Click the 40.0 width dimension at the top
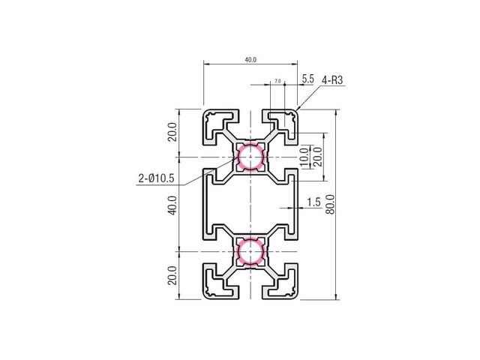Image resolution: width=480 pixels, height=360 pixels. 250,60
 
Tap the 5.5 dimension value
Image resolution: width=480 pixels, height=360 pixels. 308,79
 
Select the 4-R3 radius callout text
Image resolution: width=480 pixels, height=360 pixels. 332,80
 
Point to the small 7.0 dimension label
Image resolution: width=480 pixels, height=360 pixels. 277,81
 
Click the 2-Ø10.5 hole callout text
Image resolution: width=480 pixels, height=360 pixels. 156,178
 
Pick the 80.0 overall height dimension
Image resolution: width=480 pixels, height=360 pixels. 331,204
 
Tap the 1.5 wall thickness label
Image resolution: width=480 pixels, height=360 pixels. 313,202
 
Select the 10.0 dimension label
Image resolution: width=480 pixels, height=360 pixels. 304,157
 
